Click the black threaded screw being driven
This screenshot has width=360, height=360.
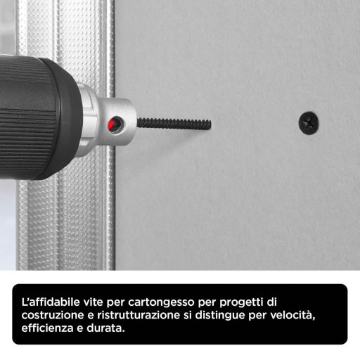click(x=172, y=123)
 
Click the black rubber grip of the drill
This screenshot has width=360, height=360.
click(x=42, y=112)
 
